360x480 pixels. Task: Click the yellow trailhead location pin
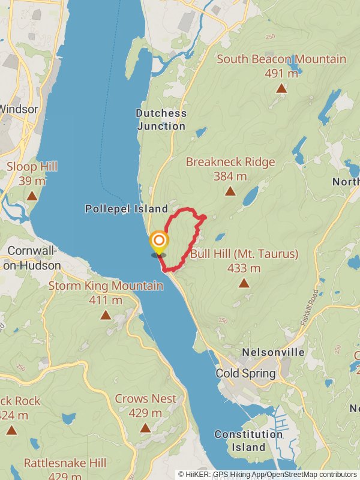point(159,243)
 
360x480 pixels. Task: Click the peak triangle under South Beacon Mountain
point(281,89)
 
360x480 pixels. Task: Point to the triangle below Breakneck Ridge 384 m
point(230,191)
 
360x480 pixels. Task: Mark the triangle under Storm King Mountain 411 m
point(106,315)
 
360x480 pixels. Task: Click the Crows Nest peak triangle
point(145,428)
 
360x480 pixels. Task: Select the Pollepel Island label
point(126,209)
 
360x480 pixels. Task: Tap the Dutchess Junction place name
point(161,119)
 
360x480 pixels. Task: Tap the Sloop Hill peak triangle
point(32,196)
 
